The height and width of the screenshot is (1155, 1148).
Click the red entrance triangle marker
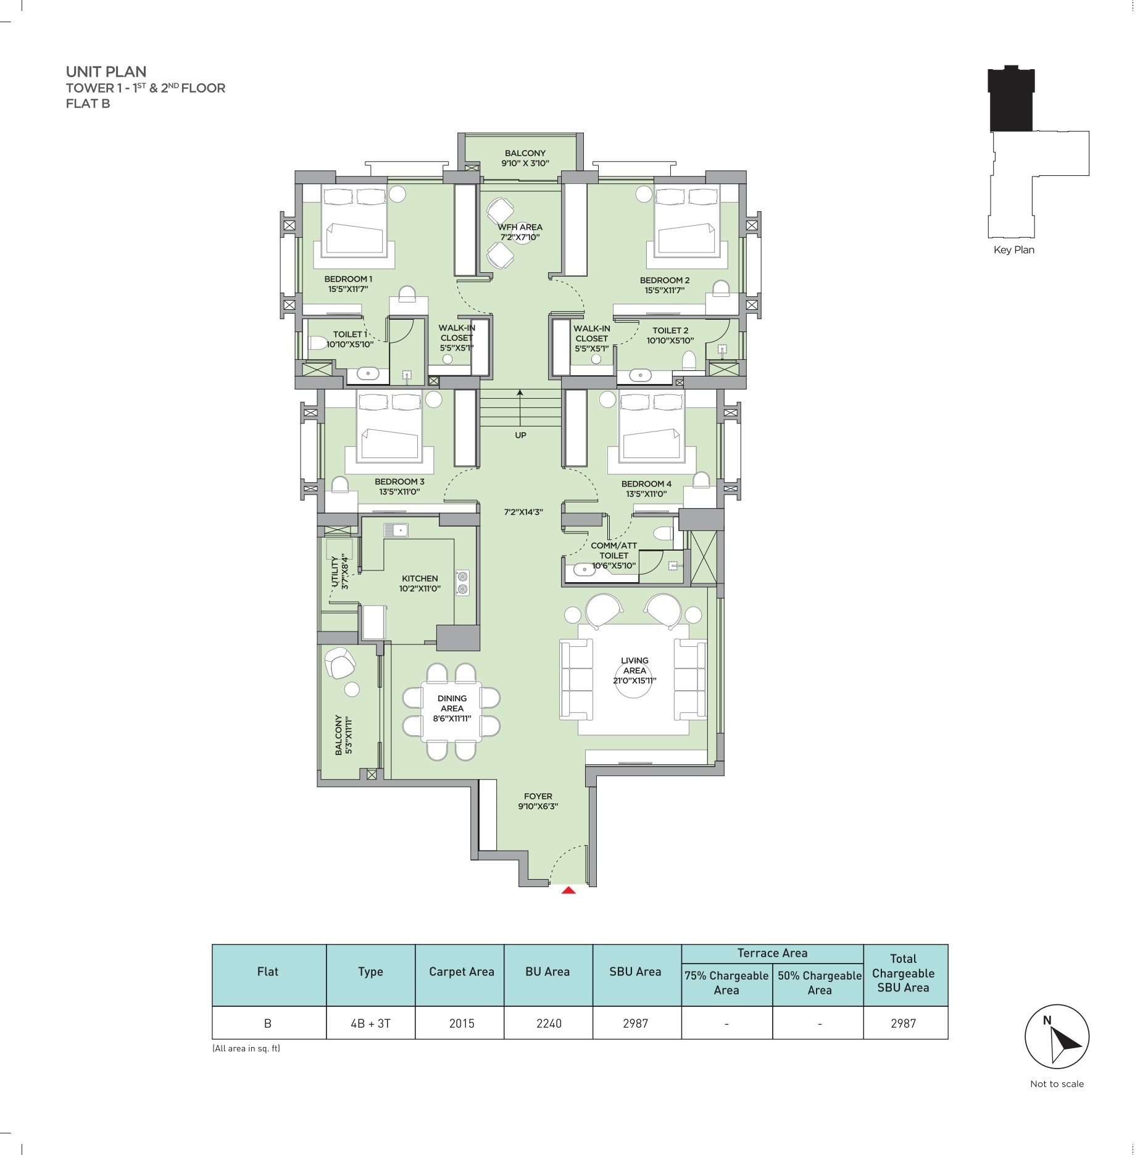click(568, 890)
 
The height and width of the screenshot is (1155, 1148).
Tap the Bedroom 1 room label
click(348, 283)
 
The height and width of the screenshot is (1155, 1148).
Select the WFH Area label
click(520, 232)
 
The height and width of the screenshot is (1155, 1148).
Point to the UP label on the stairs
click(520, 435)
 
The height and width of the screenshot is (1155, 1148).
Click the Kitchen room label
click(420, 583)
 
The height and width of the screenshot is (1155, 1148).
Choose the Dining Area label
click(452, 708)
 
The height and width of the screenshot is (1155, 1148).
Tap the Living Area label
click(634, 670)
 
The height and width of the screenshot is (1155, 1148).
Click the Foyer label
click(538, 801)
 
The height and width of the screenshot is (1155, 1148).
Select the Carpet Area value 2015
click(462, 1023)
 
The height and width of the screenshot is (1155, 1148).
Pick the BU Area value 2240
click(549, 1023)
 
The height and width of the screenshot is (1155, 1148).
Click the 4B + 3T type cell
click(370, 1023)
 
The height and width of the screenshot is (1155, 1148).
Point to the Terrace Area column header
click(772, 953)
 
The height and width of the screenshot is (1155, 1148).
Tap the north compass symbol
click(1057, 1036)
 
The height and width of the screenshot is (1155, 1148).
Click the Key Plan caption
click(1014, 250)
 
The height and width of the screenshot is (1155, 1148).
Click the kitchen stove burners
click(462, 582)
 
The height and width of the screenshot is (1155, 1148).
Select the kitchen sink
click(396, 530)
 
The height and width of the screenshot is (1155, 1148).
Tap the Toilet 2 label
click(670, 335)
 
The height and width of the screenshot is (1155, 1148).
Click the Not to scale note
click(1057, 1083)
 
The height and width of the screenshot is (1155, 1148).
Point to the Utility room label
click(339, 572)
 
